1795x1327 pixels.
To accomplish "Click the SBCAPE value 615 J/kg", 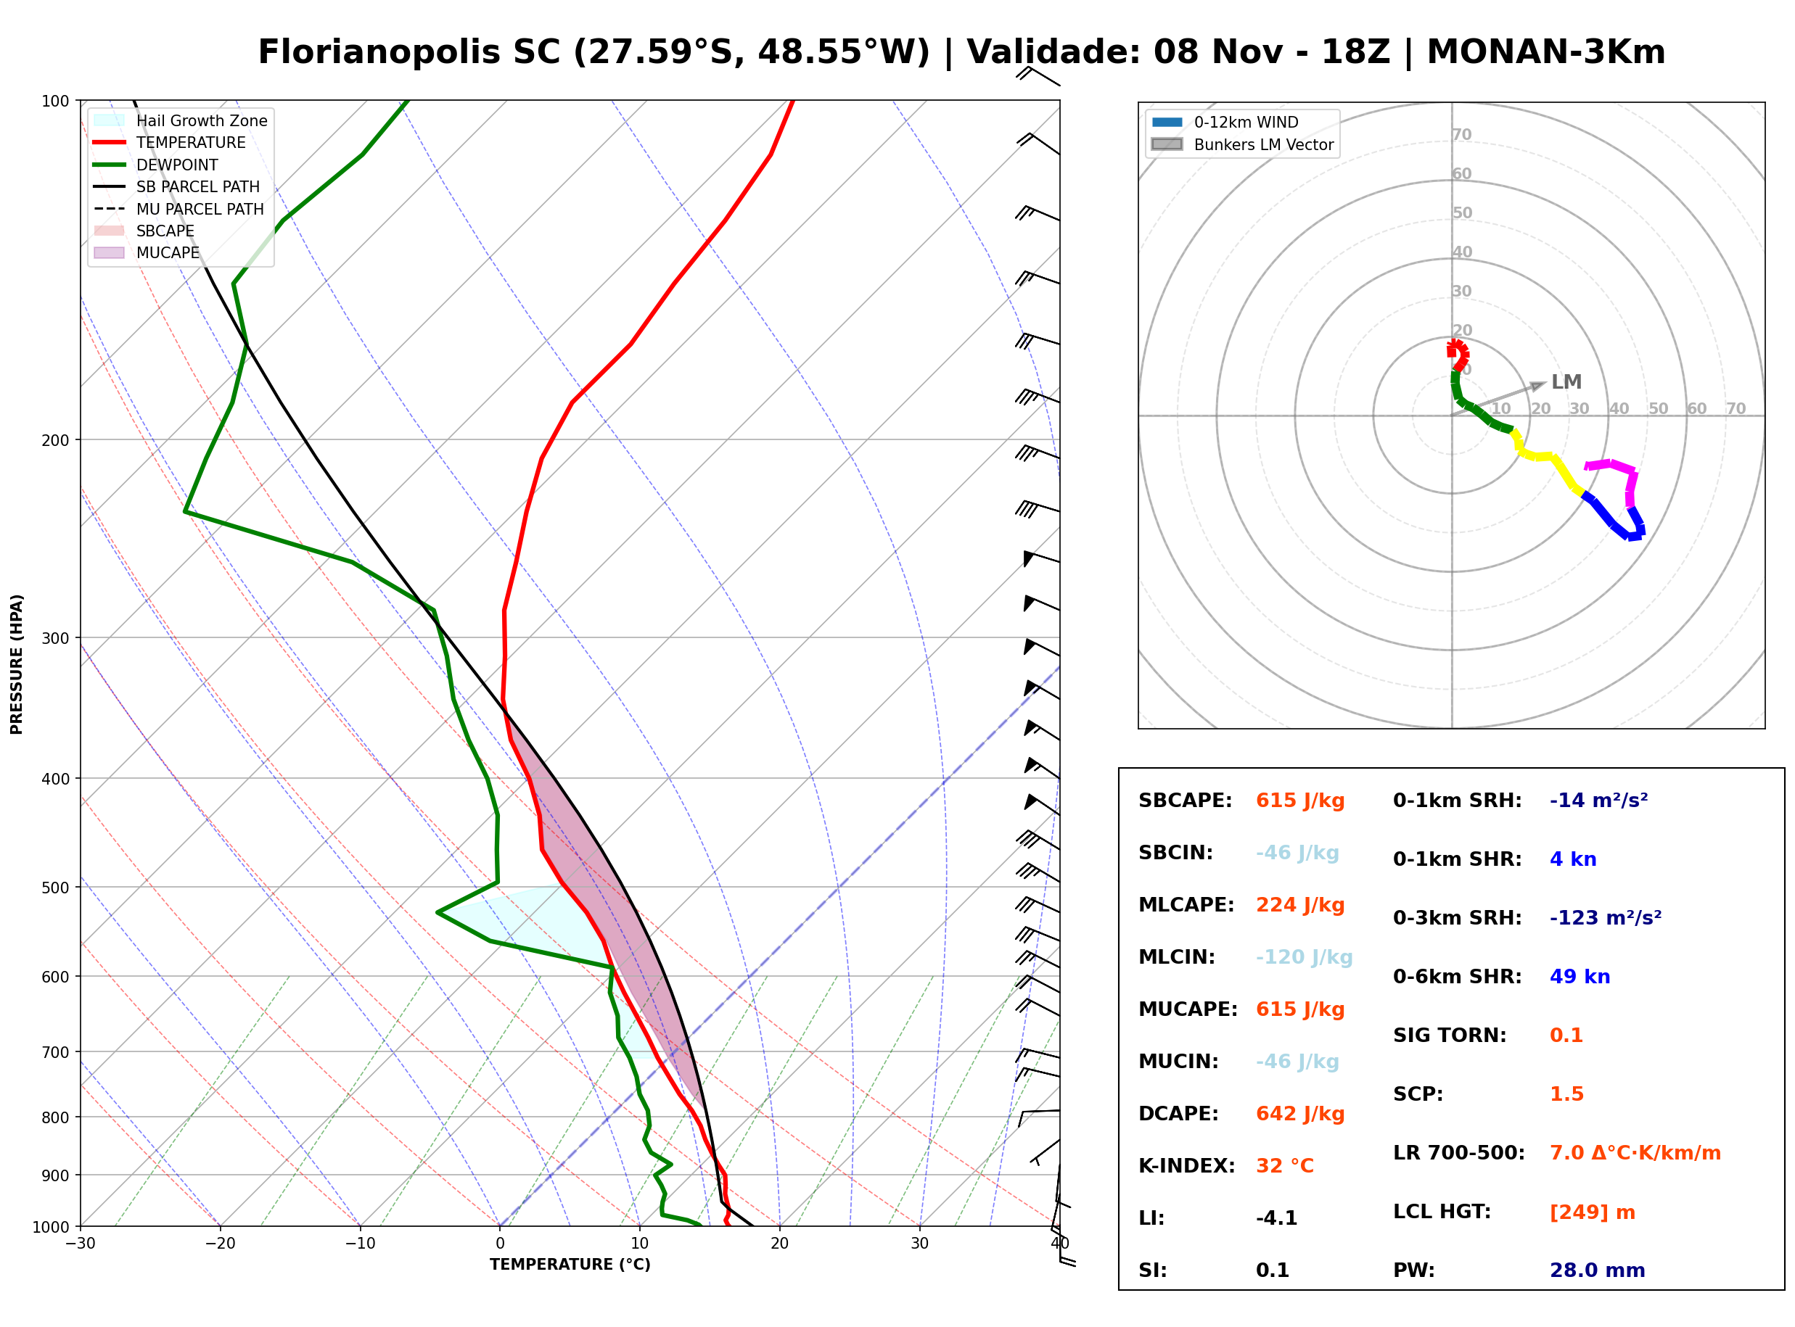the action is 1300,801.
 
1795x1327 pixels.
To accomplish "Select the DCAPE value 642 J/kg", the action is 1300,1114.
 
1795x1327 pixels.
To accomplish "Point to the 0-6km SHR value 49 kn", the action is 1580,977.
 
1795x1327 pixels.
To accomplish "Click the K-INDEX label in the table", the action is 1187,1166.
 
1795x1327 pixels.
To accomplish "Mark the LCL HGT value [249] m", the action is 1592,1212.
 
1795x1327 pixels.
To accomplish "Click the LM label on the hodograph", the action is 1566,382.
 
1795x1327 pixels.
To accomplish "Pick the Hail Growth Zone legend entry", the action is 181,120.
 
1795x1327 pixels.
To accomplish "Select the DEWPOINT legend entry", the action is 156,165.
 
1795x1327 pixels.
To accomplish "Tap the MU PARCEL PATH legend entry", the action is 178,209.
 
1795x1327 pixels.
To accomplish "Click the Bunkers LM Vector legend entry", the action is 1242,144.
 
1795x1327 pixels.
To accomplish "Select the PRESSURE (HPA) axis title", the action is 17,663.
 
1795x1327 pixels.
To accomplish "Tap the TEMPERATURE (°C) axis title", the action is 570,1265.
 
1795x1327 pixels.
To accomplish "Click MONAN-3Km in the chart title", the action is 1546,52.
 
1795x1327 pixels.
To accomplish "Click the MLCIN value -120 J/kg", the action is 1304,957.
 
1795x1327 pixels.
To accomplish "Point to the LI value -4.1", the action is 1277,1218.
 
